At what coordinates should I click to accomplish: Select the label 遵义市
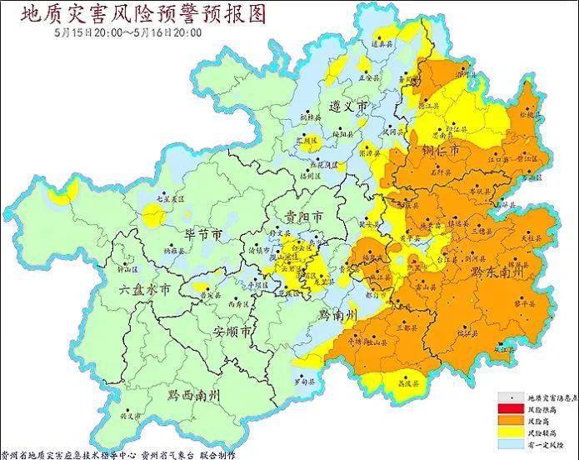click(x=350, y=108)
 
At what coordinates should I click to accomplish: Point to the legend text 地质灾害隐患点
click(x=550, y=398)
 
